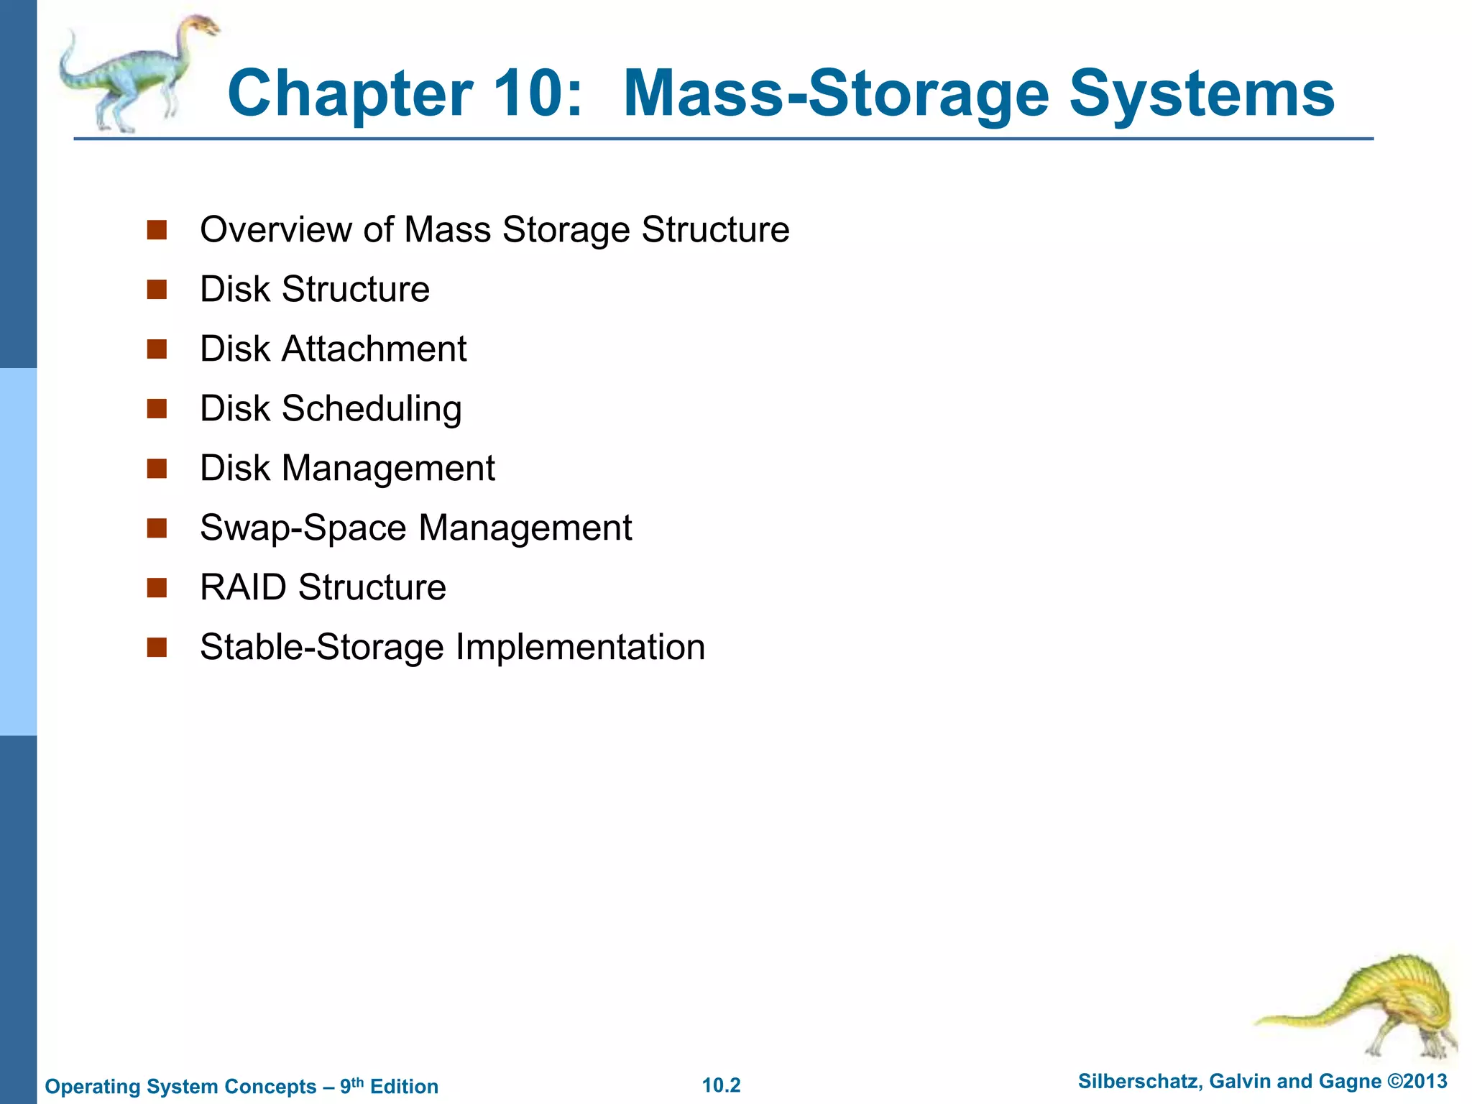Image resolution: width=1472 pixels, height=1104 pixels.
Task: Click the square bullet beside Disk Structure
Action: tap(157, 290)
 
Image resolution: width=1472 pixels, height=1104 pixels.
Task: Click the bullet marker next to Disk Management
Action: tap(157, 469)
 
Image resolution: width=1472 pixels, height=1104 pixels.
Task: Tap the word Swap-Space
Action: tap(303, 528)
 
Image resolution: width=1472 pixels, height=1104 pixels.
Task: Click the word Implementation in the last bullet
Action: tap(580, 647)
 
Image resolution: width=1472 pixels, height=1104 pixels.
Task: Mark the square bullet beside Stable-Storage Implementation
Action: tap(157, 648)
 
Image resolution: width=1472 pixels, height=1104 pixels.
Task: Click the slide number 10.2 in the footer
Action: tap(721, 1085)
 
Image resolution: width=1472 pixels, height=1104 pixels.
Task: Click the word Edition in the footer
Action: tap(404, 1087)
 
